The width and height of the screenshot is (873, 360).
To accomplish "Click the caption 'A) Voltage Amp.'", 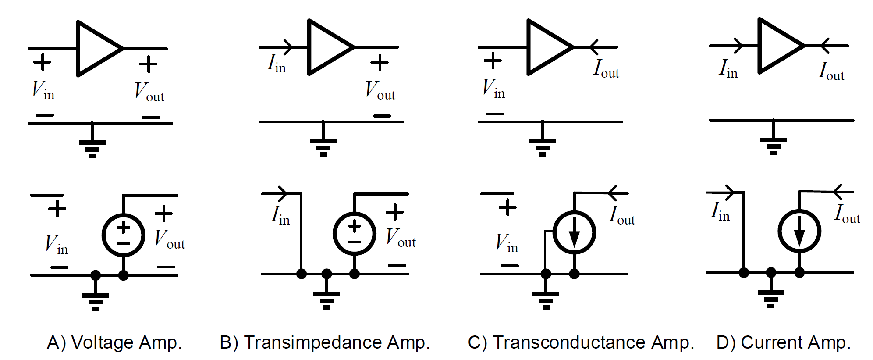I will tap(114, 342).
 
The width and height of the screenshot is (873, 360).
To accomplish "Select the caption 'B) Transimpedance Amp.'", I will tap(325, 342).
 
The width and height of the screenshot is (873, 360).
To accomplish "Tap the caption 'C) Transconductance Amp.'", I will tap(581, 342).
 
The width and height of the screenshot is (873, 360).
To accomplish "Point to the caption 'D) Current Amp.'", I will tap(783, 342).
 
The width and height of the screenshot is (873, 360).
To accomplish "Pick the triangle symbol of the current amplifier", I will tap(777, 46).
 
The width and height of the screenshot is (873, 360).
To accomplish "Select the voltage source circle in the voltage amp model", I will tap(124, 235).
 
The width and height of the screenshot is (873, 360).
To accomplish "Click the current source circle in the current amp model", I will tap(799, 231).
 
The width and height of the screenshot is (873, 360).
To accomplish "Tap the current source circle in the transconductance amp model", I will tap(574, 232).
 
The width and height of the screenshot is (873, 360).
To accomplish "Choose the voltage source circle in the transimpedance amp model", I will tap(355, 234).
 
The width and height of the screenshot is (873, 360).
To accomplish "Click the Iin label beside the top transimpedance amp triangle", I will tap(277, 64).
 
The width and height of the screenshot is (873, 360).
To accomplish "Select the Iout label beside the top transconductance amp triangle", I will tap(606, 69).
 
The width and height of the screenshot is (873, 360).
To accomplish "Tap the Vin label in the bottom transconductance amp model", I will tap(507, 243).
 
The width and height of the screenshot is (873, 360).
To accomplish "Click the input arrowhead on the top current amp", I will tap(738, 46).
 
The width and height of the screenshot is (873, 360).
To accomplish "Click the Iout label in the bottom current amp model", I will tap(847, 214).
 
